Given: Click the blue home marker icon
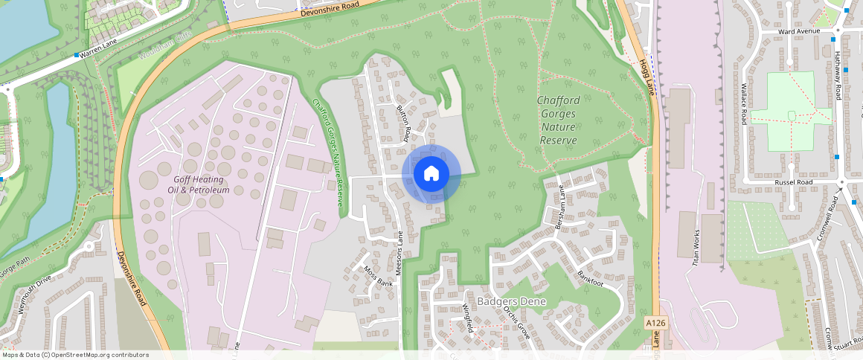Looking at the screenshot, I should point(431,174).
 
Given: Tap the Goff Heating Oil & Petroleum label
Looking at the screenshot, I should point(201,184).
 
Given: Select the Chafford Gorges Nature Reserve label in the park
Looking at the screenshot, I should point(568,120).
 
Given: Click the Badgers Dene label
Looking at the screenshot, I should point(512,301).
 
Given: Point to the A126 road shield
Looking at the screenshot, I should point(655,322).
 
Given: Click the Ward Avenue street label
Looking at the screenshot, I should point(798,31).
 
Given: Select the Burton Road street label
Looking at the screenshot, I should point(404,122).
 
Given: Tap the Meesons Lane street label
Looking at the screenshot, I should point(399,258).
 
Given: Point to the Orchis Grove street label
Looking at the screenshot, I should point(516,321).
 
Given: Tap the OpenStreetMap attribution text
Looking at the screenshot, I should point(75,355).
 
